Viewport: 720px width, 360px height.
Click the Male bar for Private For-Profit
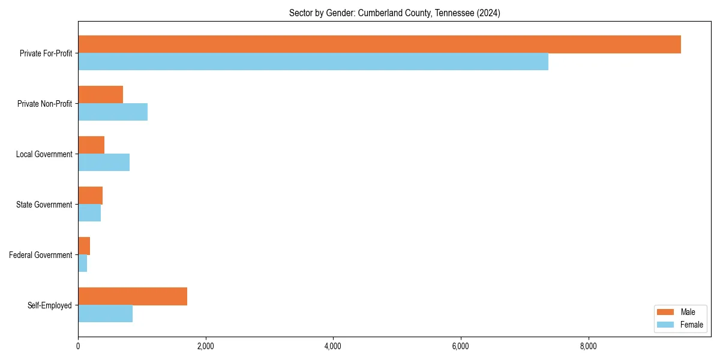coord(379,44)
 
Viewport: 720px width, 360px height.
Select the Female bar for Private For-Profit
coord(313,62)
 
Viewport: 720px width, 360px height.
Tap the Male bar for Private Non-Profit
coord(100,95)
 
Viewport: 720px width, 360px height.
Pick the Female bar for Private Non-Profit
coord(113,112)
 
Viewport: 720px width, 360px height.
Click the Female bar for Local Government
coord(104,163)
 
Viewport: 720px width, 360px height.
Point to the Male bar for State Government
coord(90,196)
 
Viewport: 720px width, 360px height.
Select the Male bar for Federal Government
coord(84,246)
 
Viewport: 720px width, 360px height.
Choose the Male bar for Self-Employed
coord(133,296)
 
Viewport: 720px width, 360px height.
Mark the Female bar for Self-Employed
coord(105,314)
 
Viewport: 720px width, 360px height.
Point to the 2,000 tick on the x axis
coord(206,346)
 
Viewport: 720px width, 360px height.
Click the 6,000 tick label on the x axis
coord(461,346)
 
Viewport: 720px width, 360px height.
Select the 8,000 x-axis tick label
coord(588,346)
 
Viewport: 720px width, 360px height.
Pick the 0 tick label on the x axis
coord(78,346)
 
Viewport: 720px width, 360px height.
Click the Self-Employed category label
coord(50,305)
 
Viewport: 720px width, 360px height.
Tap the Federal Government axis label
coord(41,255)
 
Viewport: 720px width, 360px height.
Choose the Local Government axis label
coord(44,154)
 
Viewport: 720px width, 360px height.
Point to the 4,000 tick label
coord(333,346)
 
